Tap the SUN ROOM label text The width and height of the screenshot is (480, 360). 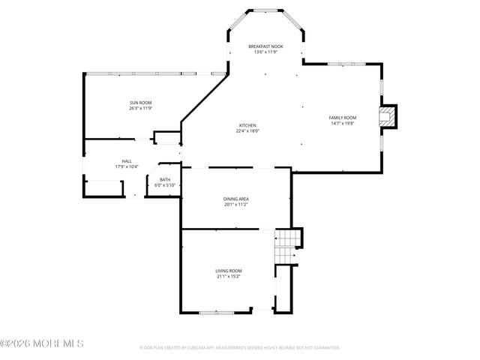(141, 102)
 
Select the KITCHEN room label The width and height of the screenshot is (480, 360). (247, 124)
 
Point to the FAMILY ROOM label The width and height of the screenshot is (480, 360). (343, 118)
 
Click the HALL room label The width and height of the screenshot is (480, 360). (127, 160)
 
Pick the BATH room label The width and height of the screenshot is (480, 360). (164, 179)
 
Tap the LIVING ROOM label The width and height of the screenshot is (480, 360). (229, 270)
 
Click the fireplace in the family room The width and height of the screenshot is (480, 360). (387, 116)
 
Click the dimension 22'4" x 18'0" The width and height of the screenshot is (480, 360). (247, 130)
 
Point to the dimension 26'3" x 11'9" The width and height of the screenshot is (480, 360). (141, 108)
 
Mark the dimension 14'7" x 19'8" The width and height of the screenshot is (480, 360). (343, 124)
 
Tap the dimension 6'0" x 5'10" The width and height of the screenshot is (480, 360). (164, 184)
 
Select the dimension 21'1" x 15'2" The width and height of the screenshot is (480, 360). (229, 276)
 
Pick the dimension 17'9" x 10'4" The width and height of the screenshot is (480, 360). (127, 166)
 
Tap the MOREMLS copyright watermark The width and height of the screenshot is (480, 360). (42, 343)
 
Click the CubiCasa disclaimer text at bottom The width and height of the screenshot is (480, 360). (240, 348)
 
